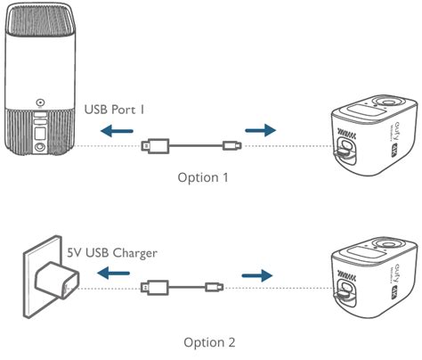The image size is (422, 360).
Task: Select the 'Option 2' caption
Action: pyautogui.click(x=210, y=340)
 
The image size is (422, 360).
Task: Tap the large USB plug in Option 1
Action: pyautogui.click(x=155, y=144)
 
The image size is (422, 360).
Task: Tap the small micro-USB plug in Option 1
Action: pyautogui.click(x=231, y=144)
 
